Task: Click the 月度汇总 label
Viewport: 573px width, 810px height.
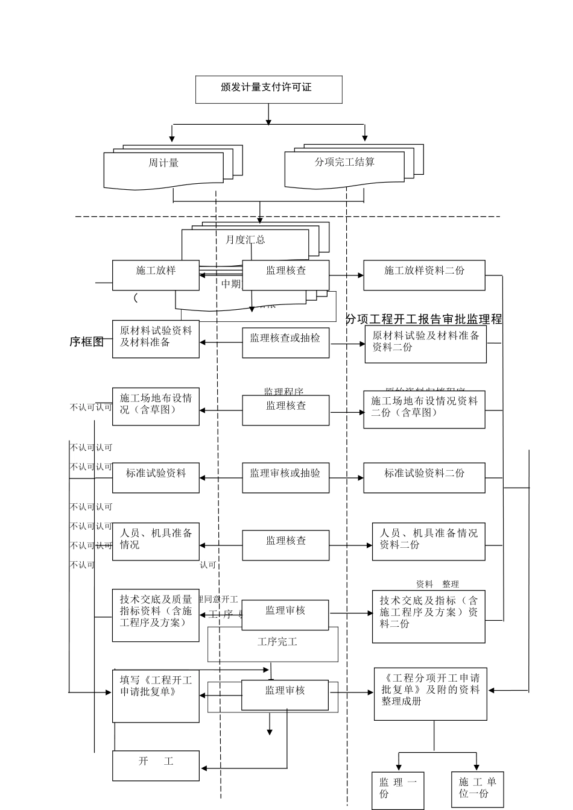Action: (x=245, y=240)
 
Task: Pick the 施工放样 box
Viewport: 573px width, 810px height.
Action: (x=156, y=275)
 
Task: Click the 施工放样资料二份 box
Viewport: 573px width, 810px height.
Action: (x=424, y=275)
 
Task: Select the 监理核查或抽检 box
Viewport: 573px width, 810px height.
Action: (x=285, y=342)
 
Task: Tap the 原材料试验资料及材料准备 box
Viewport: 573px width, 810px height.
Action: (x=156, y=339)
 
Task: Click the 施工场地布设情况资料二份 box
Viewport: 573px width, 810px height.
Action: (x=424, y=409)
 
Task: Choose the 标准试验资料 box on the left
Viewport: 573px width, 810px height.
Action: (x=156, y=478)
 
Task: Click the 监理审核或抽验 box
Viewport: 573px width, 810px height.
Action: (x=285, y=478)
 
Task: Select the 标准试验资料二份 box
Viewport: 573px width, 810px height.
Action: (x=424, y=478)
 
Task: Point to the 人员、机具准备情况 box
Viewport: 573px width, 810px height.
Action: (x=156, y=541)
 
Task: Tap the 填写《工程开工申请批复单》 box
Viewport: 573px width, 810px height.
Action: (x=156, y=695)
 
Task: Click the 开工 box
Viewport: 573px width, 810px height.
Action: (x=156, y=765)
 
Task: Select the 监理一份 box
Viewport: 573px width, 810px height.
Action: (x=397, y=790)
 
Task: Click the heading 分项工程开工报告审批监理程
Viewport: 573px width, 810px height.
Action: (x=423, y=319)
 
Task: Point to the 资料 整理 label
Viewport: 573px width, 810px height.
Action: (x=437, y=584)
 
